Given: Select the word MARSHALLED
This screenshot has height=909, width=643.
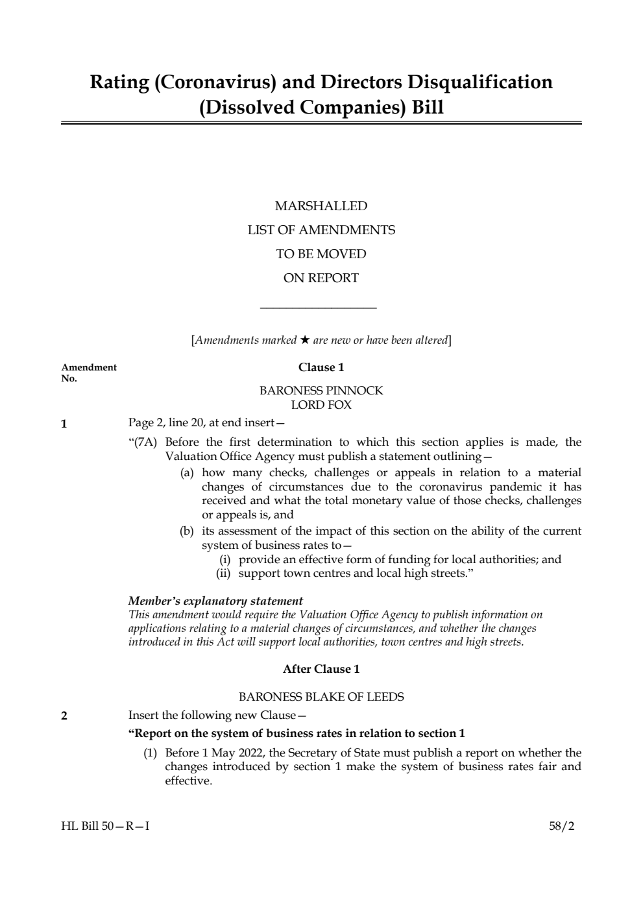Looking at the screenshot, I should [321, 206].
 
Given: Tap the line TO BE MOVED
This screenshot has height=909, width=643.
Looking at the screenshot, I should [321, 254].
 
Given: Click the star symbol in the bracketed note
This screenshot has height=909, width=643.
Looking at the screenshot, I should [305, 340].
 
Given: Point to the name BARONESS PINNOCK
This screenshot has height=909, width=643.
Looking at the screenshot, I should [321, 391].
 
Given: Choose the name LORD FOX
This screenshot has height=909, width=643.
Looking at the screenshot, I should [321, 405].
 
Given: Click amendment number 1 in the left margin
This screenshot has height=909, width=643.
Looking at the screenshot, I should [64, 425].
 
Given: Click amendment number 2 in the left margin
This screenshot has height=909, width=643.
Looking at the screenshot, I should [64, 716].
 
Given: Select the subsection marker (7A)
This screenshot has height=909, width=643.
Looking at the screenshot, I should [143, 442].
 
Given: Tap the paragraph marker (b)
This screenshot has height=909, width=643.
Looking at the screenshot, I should [187, 531].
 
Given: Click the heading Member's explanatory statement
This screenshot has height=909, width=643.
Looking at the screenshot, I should [215, 601].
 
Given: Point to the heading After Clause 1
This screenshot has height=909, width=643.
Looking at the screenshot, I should [321, 669].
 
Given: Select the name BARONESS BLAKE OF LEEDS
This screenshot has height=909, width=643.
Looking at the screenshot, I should [321, 697].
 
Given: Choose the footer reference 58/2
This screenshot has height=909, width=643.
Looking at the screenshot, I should [561, 827].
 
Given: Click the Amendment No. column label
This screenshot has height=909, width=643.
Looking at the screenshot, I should [89, 372].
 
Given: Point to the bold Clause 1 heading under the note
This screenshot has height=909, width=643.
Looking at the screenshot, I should [321, 367].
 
